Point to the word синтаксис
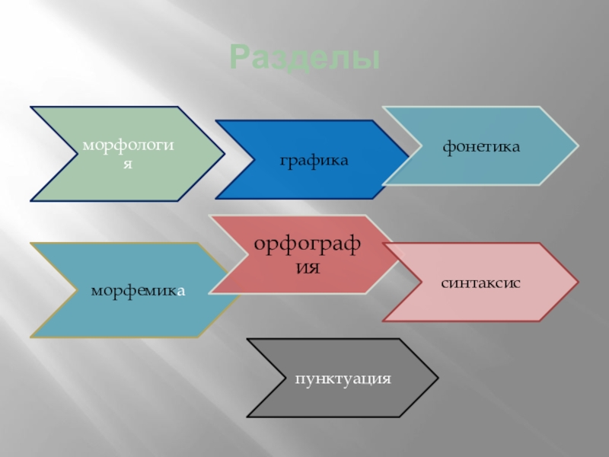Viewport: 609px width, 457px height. tap(481, 282)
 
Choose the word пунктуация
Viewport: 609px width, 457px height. tap(343, 378)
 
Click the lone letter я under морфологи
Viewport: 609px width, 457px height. tap(129, 164)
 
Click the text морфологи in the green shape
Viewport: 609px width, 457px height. tap(129, 144)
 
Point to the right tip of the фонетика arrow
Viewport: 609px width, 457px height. tap(576, 145)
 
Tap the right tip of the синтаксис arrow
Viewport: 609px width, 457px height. tap(577, 282)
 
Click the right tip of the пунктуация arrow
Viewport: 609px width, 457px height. tap(438, 378)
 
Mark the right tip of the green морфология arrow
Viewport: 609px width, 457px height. tap(224, 154)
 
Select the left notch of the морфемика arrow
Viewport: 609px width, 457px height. tap(75, 290)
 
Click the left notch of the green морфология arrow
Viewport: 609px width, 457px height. tap(76, 154)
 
